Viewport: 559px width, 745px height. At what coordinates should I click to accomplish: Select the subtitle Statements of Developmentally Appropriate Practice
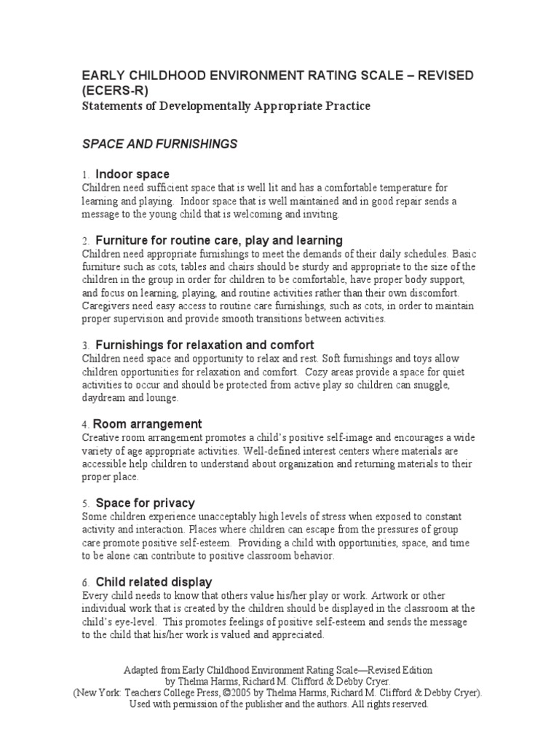click(226, 106)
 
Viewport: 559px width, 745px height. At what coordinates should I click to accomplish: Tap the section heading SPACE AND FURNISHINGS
click(159, 144)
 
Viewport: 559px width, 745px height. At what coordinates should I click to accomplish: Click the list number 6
click(84, 583)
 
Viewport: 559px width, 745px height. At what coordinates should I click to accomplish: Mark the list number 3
click(84, 346)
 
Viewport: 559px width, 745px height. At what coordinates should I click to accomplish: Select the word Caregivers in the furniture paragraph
click(108, 306)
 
